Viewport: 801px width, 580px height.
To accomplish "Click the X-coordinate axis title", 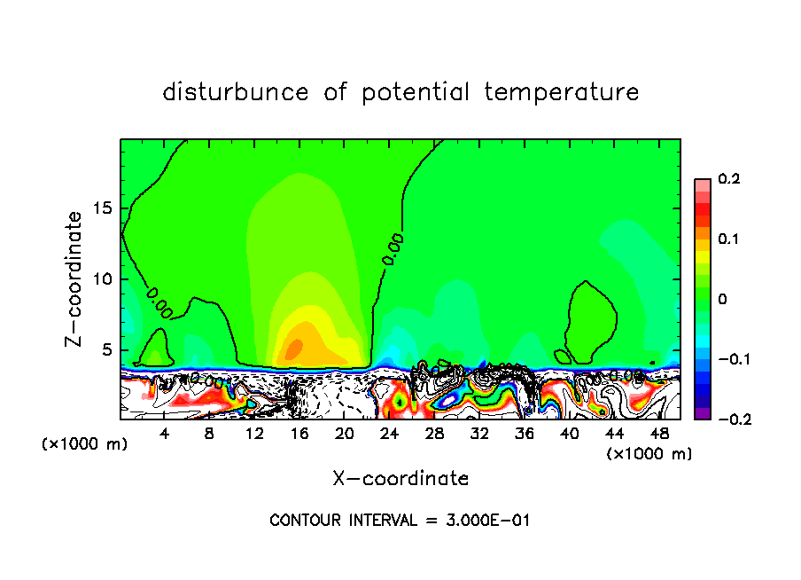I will click(x=400, y=479).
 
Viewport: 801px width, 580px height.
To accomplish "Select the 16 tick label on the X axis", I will click(x=299, y=433).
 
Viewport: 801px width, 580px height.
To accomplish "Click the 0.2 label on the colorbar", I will click(x=728, y=179).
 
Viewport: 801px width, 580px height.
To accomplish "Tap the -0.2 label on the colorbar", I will click(x=730, y=419).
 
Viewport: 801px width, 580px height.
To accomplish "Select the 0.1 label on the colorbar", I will click(x=728, y=239).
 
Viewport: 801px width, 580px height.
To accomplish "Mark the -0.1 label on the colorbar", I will click(x=730, y=359).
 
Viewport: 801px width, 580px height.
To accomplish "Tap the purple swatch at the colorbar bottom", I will click(x=703, y=412).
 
